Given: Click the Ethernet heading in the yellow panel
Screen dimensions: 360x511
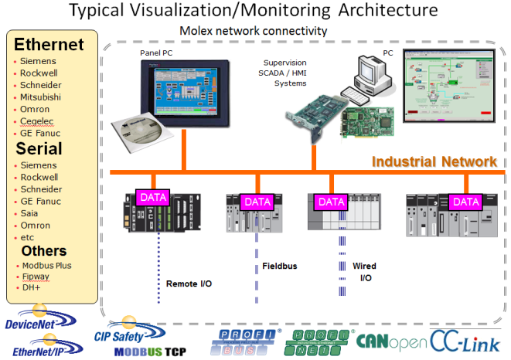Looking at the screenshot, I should (49, 44).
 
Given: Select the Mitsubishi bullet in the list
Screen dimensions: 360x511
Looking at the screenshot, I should (40, 97).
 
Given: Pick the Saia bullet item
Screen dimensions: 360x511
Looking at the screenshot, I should (29, 213).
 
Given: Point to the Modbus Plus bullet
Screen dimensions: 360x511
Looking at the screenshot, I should (45, 265).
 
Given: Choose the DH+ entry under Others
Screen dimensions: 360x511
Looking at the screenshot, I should (30, 287).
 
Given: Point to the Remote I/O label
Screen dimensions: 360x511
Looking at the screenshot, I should (189, 284).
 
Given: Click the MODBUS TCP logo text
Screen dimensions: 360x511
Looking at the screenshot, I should (152, 352).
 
